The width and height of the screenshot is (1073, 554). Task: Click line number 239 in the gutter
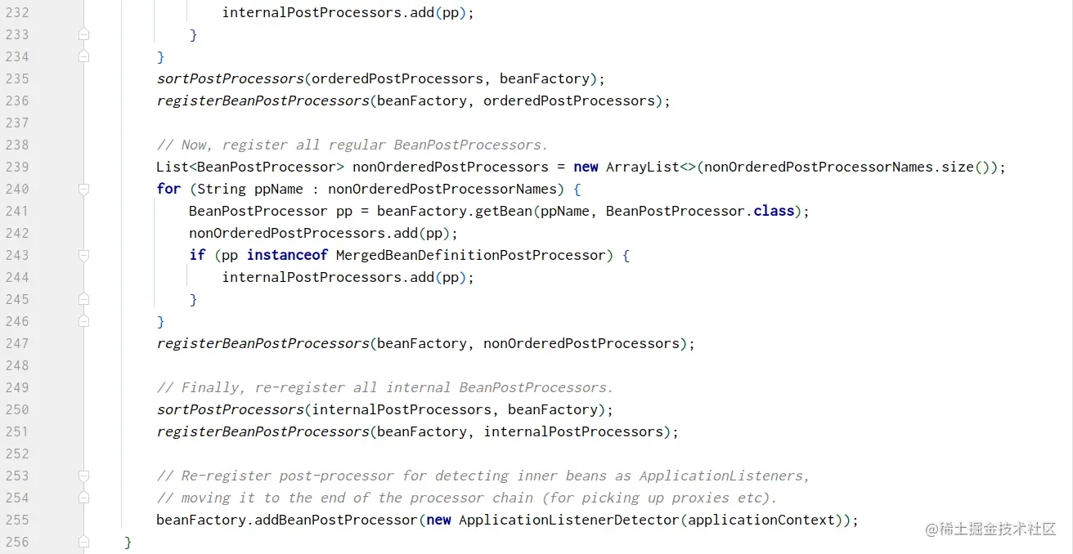[17, 167]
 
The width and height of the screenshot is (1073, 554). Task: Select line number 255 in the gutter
[17, 520]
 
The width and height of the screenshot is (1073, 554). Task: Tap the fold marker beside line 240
[83, 189]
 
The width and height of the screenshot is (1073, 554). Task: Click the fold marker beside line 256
[83, 542]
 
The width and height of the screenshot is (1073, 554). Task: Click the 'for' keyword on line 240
[168, 189]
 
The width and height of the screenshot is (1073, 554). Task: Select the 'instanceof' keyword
[287, 255]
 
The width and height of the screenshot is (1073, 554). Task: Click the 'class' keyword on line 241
[774, 211]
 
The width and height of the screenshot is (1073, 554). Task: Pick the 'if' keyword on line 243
[197, 255]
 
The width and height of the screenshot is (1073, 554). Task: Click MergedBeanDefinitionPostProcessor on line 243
[471, 255]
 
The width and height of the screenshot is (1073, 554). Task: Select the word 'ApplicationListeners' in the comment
[723, 476]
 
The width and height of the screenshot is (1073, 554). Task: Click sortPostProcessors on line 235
[230, 78]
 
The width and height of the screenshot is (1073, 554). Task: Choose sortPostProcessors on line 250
[230, 409]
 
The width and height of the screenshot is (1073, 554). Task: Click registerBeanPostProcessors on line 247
[263, 343]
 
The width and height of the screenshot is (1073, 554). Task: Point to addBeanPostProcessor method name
[336, 520]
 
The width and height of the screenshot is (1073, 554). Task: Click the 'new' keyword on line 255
[438, 520]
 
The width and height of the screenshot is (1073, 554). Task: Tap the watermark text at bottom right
[990, 529]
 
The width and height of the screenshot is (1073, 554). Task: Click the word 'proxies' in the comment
[700, 498]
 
